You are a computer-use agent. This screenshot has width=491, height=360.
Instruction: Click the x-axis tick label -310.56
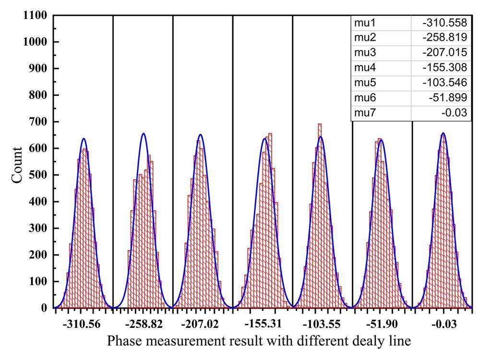coord(83,325)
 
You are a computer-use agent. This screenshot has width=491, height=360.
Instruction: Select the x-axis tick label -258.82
coord(143,325)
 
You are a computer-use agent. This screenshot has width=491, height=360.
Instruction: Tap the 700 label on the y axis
coord(39,122)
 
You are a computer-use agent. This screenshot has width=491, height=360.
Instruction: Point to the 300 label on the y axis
coord(39,228)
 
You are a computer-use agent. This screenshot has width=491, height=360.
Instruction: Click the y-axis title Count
coord(17,165)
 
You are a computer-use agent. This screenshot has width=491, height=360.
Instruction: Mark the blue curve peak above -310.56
coord(84,139)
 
